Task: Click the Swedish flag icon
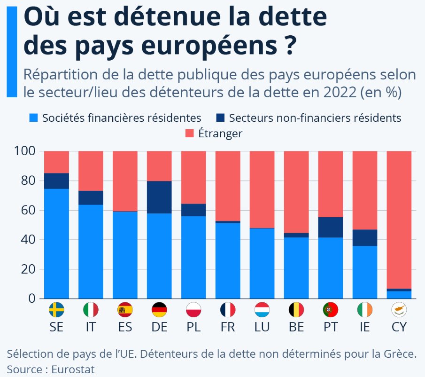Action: pos(56,310)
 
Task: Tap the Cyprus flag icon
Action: pos(399,310)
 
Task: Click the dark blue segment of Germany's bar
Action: pos(159,197)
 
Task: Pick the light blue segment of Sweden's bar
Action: pos(56,243)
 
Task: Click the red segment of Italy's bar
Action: pos(91,171)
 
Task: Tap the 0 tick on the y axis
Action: pos(32,298)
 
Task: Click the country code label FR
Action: pos(228,328)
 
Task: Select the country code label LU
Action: pos(262,328)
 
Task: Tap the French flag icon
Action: pos(228,310)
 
